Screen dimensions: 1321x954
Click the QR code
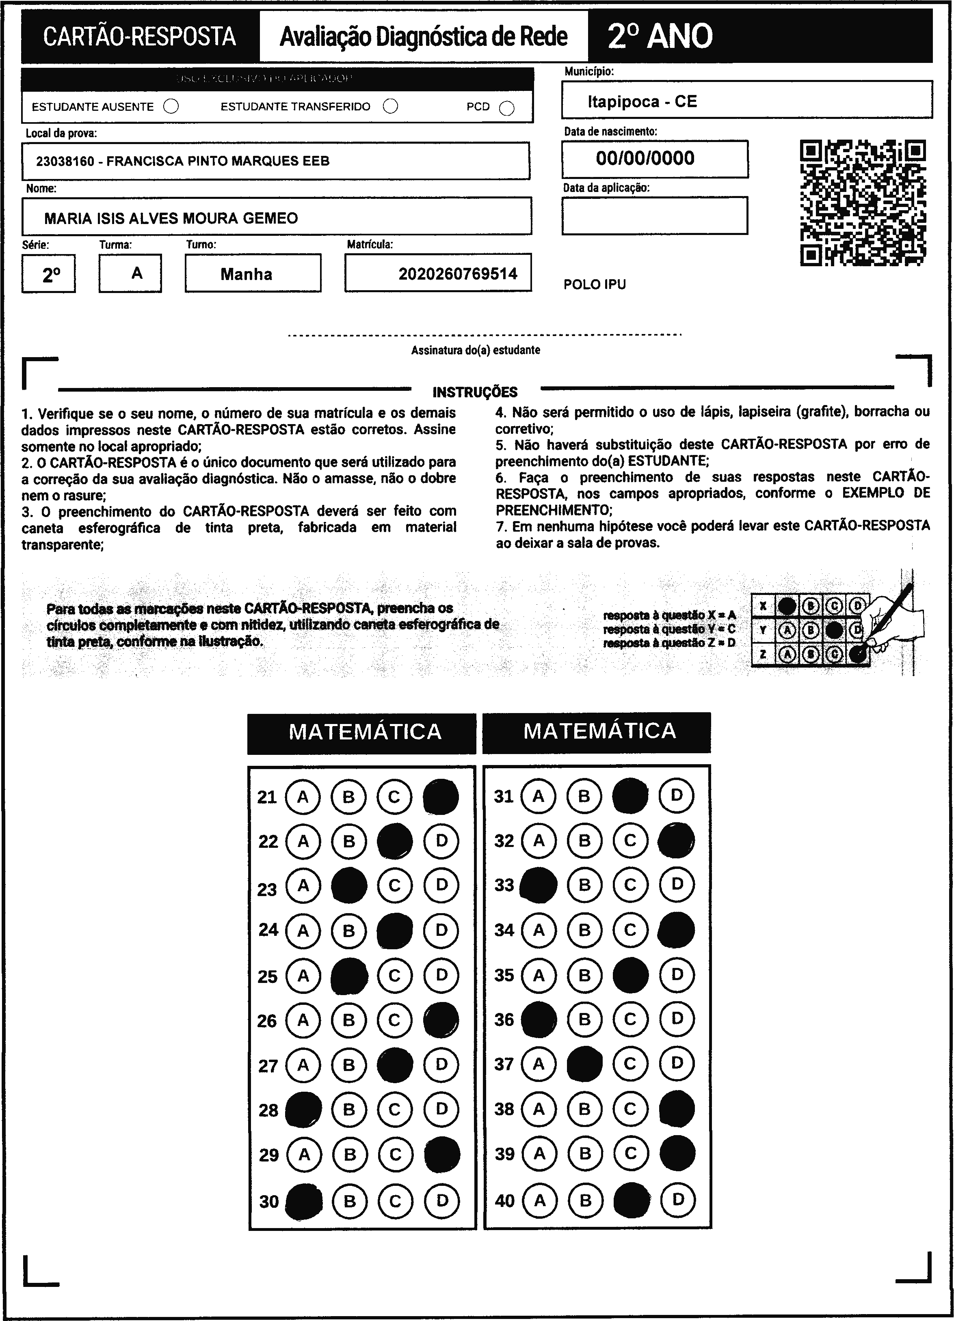tap(863, 203)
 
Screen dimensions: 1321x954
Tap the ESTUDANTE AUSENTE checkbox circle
tap(171, 107)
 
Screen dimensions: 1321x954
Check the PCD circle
tap(507, 108)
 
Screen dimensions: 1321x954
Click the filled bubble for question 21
tap(441, 797)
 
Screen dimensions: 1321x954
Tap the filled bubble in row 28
tap(303, 1109)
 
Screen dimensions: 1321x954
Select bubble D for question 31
tap(677, 795)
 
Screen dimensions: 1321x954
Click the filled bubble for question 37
tap(584, 1064)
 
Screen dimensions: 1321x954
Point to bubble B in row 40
tap(586, 1200)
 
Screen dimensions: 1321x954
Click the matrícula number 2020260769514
tap(458, 274)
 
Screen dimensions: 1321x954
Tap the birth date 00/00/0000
tap(645, 158)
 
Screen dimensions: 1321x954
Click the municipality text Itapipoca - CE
tap(642, 101)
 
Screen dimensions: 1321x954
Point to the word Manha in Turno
tap(246, 274)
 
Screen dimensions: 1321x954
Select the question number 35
tap(504, 975)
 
